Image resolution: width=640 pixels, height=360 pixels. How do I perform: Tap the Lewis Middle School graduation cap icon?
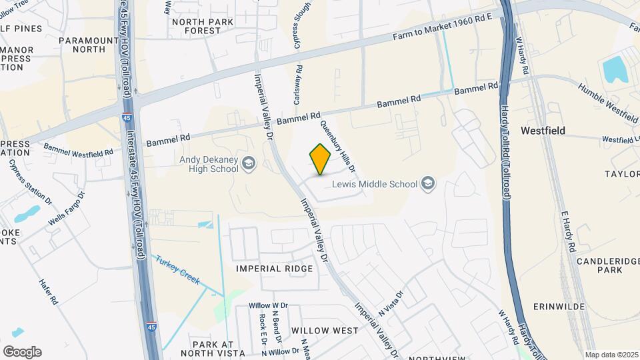coord(427,184)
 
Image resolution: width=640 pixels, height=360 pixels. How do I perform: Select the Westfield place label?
coord(543,131)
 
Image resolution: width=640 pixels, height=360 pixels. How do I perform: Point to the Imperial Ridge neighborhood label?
coord(274,269)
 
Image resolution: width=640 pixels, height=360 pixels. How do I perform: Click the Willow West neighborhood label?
coord(325,331)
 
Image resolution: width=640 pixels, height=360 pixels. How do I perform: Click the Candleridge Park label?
coord(600,265)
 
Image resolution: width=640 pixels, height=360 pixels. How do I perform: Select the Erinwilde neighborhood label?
coord(559,307)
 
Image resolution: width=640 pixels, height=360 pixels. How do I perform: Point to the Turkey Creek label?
coord(178,271)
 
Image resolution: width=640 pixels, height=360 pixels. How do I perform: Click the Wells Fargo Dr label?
coord(67,209)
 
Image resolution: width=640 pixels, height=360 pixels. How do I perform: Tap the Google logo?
coord(22,352)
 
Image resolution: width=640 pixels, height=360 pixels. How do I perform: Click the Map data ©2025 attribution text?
coord(610,355)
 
